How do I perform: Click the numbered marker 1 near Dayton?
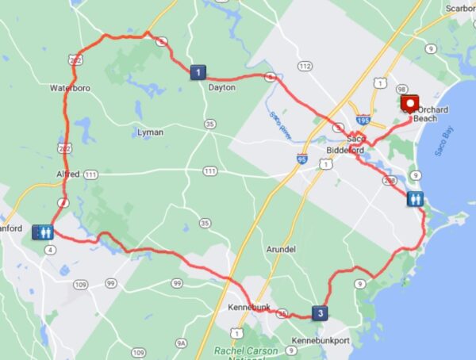click(x=197, y=72)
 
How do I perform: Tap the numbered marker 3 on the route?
click(x=319, y=312)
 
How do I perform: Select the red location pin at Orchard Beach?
click(x=410, y=105)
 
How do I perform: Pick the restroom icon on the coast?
click(x=416, y=199)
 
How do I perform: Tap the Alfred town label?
click(x=68, y=173)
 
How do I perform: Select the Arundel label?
click(x=282, y=249)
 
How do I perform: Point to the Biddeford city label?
click(x=344, y=150)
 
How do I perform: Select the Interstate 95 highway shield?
click(x=301, y=159)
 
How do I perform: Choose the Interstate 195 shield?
click(x=363, y=120)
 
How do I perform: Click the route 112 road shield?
click(x=304, y=66)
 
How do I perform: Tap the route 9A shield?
click(x=181, y=343)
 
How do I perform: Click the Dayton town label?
click(x=221, y=87)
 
